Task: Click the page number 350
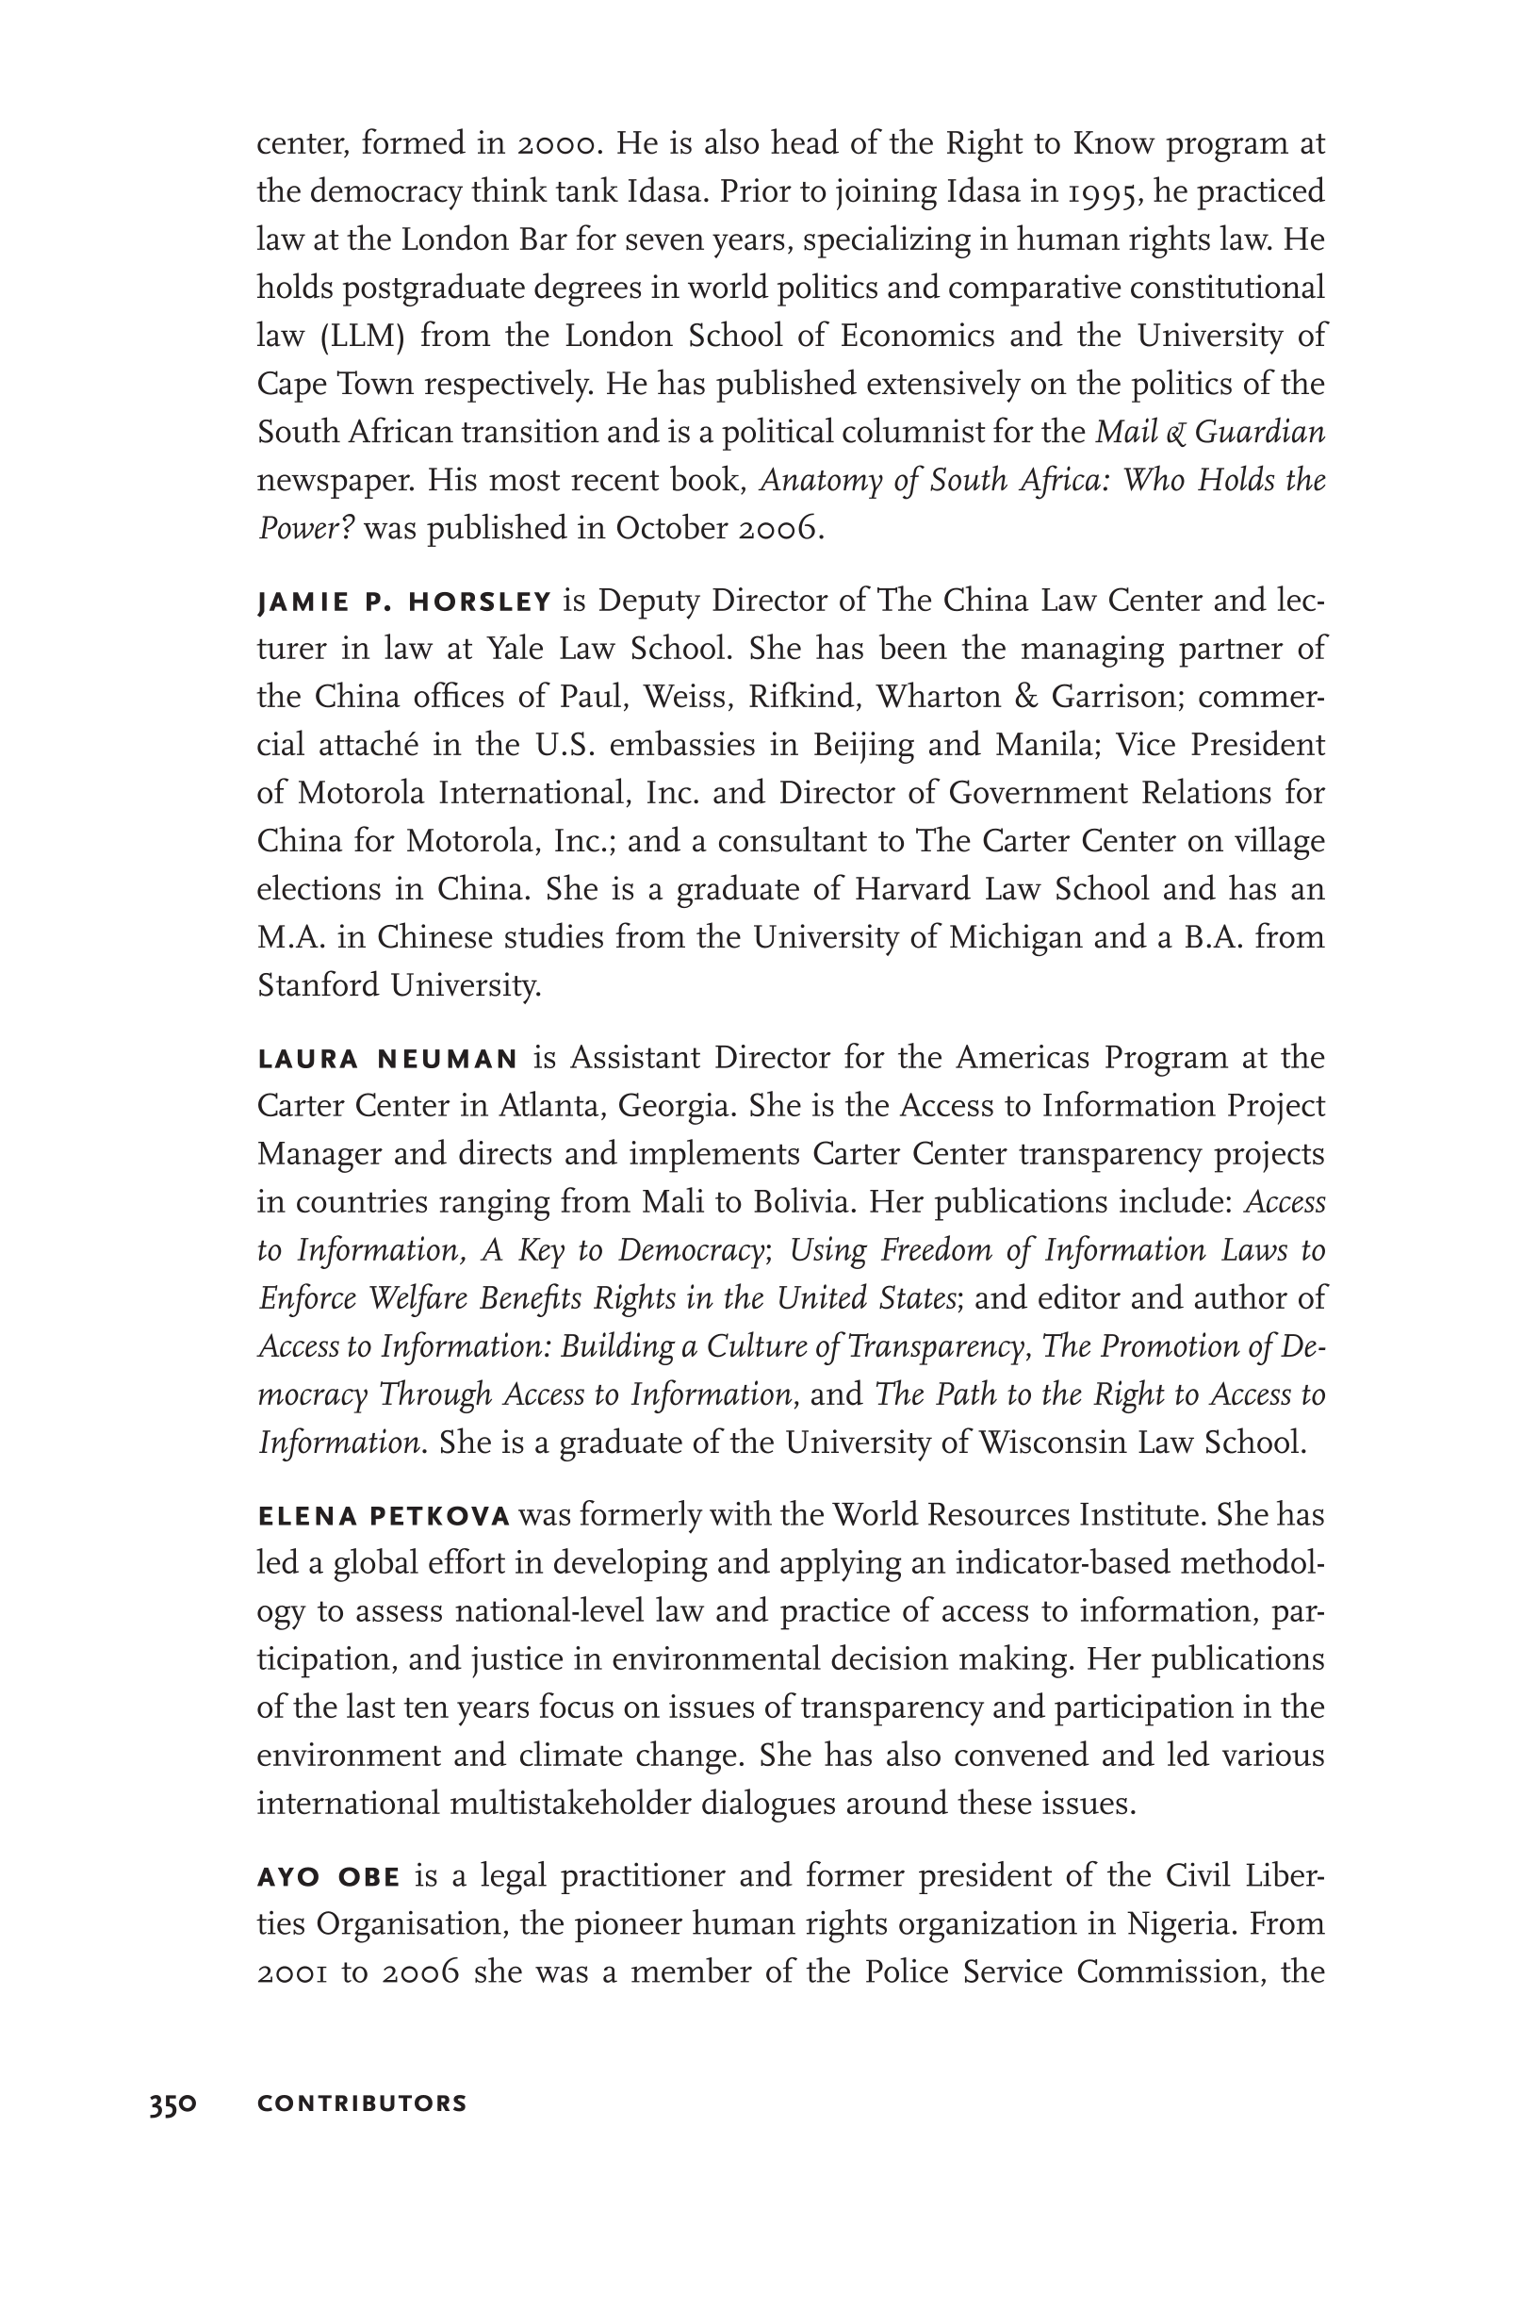(172, 2103)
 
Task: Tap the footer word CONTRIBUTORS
(361, 2103)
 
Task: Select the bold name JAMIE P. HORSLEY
(404, 602)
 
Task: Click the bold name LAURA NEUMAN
(387, 1059)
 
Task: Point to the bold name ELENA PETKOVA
(384, 1517)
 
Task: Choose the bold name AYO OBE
(328, 1878)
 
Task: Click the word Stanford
(318, 985)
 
